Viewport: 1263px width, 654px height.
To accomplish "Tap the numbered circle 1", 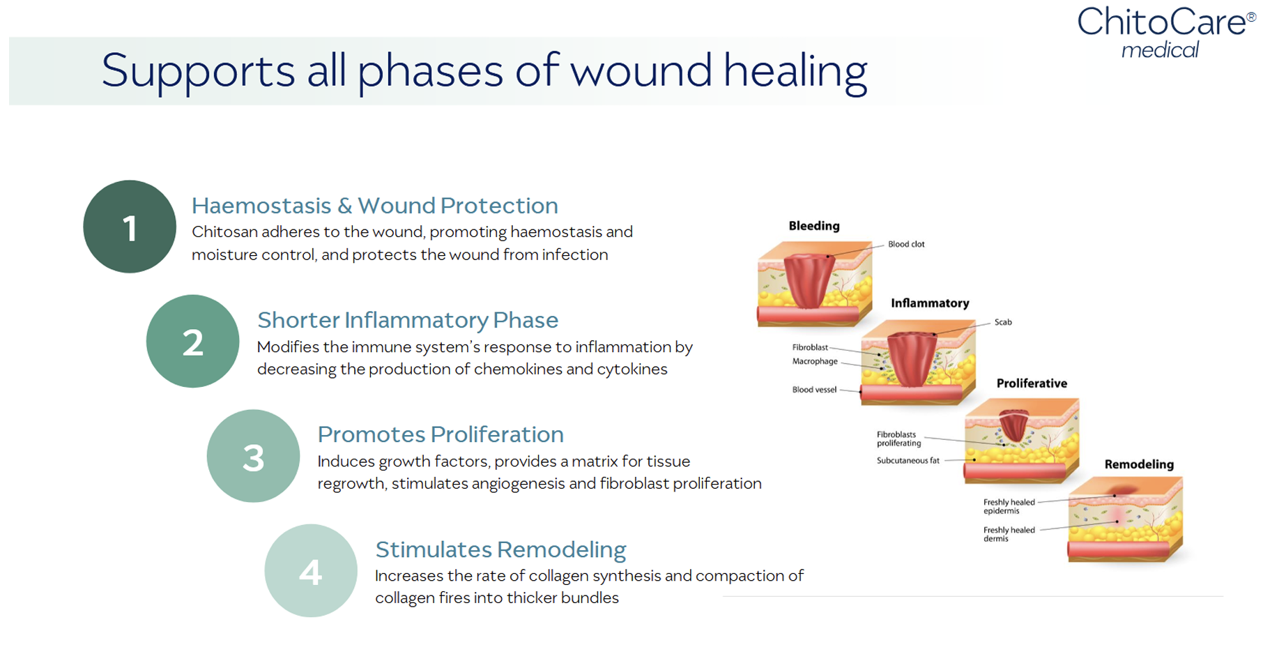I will (130, 227).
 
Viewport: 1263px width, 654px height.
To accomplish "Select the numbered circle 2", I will (192, 342).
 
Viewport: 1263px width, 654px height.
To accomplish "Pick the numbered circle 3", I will (253, 457).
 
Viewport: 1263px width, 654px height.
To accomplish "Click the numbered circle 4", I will (311, 571).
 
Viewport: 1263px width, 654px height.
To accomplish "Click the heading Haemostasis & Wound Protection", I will (375, 206).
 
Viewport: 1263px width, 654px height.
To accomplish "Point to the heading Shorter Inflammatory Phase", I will (408, 320).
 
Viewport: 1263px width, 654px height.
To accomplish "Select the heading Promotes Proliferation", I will (441, 434).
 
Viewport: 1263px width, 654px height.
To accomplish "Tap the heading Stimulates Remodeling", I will (500, 549).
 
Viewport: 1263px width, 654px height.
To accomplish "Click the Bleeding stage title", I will (814, 226).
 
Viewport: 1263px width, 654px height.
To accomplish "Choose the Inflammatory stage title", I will (930, 303).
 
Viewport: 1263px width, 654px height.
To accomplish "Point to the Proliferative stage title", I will (1032, 383).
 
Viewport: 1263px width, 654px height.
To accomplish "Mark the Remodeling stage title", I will (1139, 464).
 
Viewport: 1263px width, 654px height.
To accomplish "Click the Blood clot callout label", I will (906, 245).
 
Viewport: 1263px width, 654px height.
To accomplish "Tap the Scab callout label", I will (1003, 322).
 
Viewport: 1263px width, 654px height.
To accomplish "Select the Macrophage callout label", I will (815, 361).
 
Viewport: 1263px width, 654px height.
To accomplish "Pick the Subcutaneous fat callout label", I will (908, 461).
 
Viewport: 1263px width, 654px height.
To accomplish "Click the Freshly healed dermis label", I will (1009, 534).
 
